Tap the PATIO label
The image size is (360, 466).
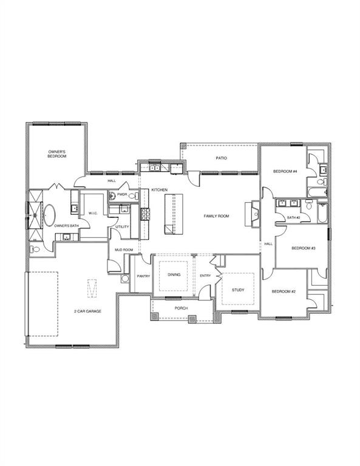coord(222,158)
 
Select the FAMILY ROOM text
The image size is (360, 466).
coord(216,216)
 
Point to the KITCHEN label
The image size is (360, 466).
coord(159,190)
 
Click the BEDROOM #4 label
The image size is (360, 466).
coord(285,172)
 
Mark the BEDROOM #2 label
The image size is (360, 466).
coord(284,291)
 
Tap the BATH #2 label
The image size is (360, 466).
coord(294,217)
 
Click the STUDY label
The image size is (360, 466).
coord(238,289)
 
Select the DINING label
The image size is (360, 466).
coord(174,275)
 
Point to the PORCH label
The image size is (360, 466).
coord(181,308)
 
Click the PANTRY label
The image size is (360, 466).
coord(143,276)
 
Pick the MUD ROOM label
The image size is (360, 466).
coord(124,249)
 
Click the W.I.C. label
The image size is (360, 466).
coord(93,213)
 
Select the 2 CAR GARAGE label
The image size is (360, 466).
coord(88,311)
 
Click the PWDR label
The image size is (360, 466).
coord(122,195)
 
